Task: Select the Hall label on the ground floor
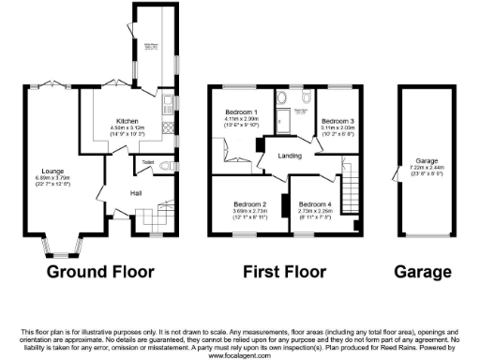click(135, 195)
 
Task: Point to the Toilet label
click(147, 161)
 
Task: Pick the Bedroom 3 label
click(337, 121)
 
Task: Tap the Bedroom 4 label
click(315, 203)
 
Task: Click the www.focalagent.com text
click(240, 354)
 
